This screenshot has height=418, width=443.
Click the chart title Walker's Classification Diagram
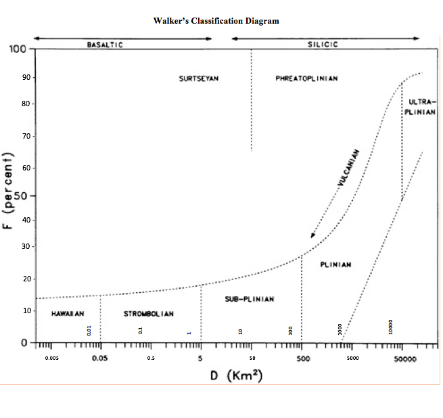pyautogui.click(x=216, y=21)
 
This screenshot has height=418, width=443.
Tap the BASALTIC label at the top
pyautogui.click(x=105, y=45)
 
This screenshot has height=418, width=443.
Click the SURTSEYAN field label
pyautogui.click(x=199, y=78)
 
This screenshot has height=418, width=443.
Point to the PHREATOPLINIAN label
pyautogui.click(x=307, y=78)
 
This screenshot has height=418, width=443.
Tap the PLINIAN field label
pyautogui.click(x=335, y=264)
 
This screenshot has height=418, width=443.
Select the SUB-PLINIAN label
pyautogui.click(x=250, y=299)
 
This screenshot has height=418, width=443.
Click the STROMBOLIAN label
pyautogui.click(x=149, y=314)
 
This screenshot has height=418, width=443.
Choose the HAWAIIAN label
pyautogui.click(x=67, y=314)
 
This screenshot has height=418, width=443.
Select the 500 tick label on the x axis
pyautogui.click(x=302, y=358)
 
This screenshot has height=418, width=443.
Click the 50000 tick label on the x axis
pyautogui.click(x=404, y=358)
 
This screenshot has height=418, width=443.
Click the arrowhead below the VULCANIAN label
pyautogui.click(x=312, y=235)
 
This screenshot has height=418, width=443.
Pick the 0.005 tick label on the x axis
pyautogui.click(x=51, y=358)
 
